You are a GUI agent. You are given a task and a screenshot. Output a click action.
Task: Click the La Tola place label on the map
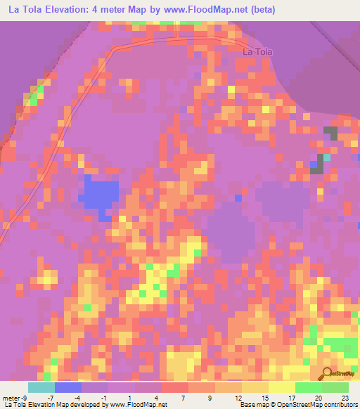point(257,51)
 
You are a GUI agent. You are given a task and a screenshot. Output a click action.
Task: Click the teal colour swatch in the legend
point(41,387)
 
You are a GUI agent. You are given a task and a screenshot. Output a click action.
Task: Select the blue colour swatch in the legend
point(68,387)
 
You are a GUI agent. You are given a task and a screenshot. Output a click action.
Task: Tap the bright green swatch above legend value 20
point(309,387)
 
